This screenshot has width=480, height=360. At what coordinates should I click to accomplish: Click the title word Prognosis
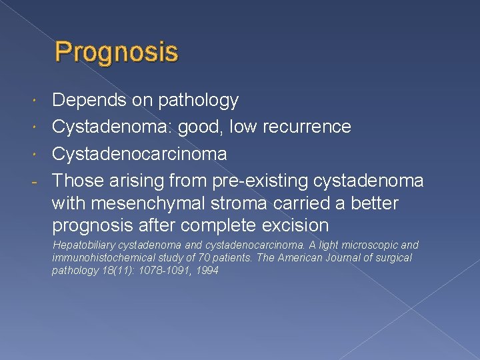(117, 52)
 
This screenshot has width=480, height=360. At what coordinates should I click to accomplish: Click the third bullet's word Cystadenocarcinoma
(139, 154)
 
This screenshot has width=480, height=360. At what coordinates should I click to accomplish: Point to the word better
(374, 203)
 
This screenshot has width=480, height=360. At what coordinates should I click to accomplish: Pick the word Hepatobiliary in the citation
(83, 245)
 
